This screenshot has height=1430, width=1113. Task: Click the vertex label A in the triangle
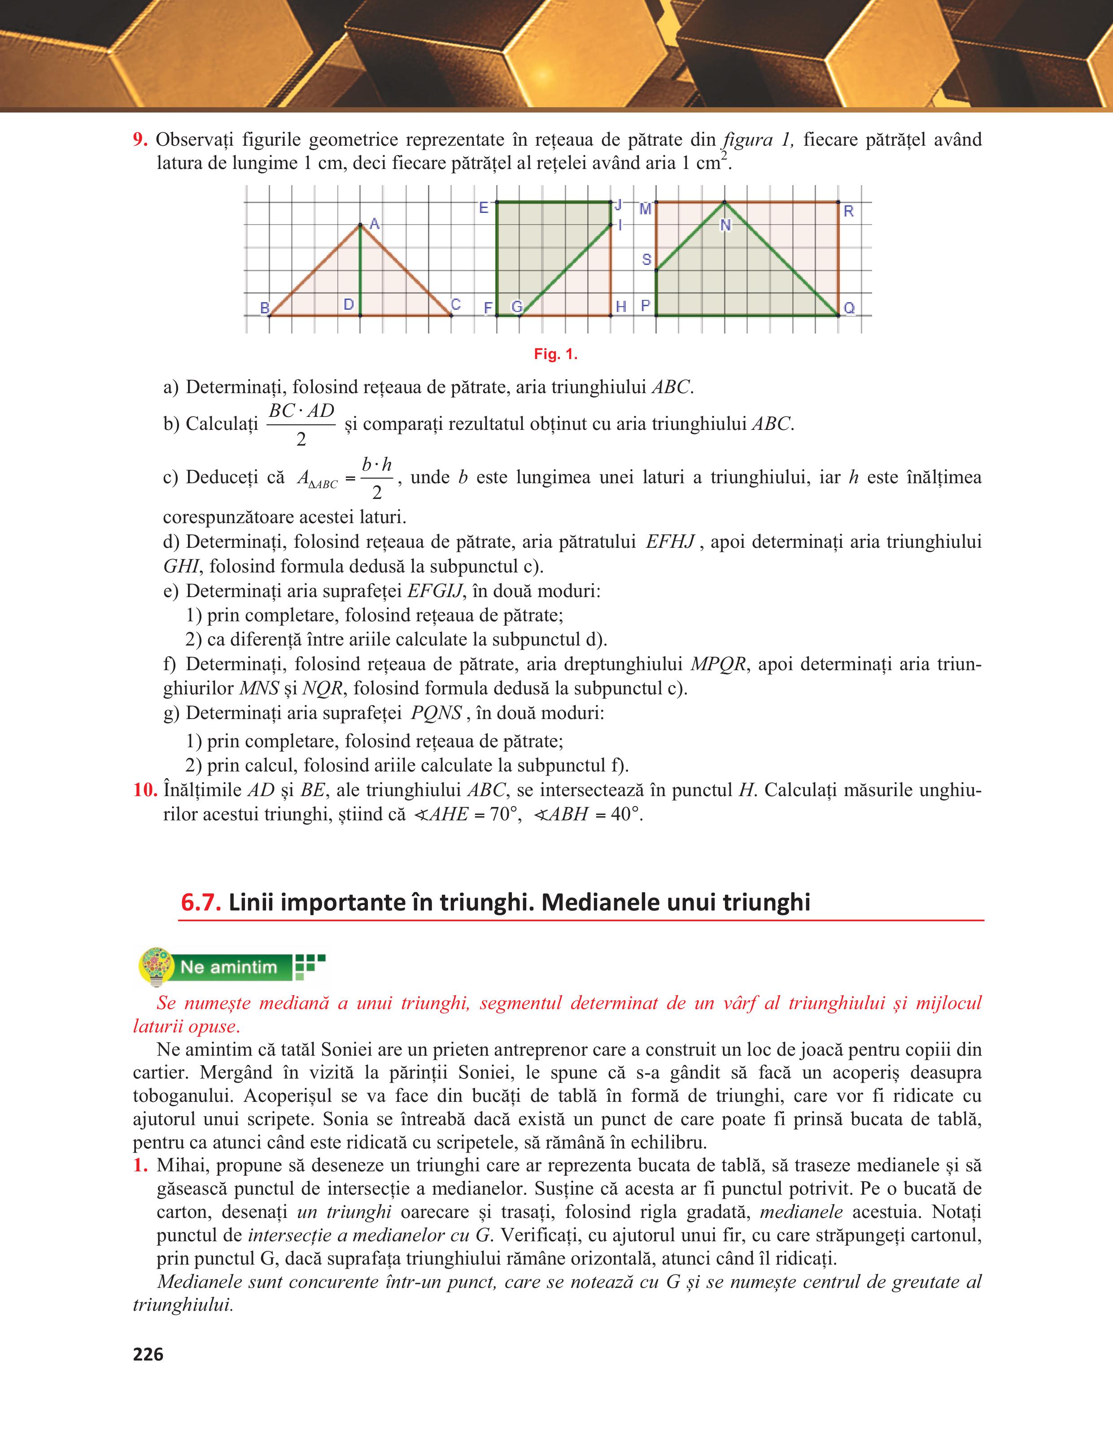point(375,224)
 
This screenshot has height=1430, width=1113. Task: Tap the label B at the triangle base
point(265,307)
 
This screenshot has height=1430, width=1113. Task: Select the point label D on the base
point(349,304)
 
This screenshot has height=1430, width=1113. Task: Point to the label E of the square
point(484,208)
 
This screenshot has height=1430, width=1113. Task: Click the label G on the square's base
point(517,307)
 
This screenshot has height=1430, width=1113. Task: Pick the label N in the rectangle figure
point(725,225)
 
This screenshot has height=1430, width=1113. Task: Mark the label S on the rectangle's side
point(646,260)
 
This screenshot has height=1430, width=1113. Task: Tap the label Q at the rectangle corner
point(849,308)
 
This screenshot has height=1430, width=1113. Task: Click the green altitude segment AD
point(360,275)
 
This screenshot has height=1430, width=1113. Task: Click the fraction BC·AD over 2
point(301,424)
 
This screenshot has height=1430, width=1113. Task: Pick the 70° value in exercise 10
point(504,815)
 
